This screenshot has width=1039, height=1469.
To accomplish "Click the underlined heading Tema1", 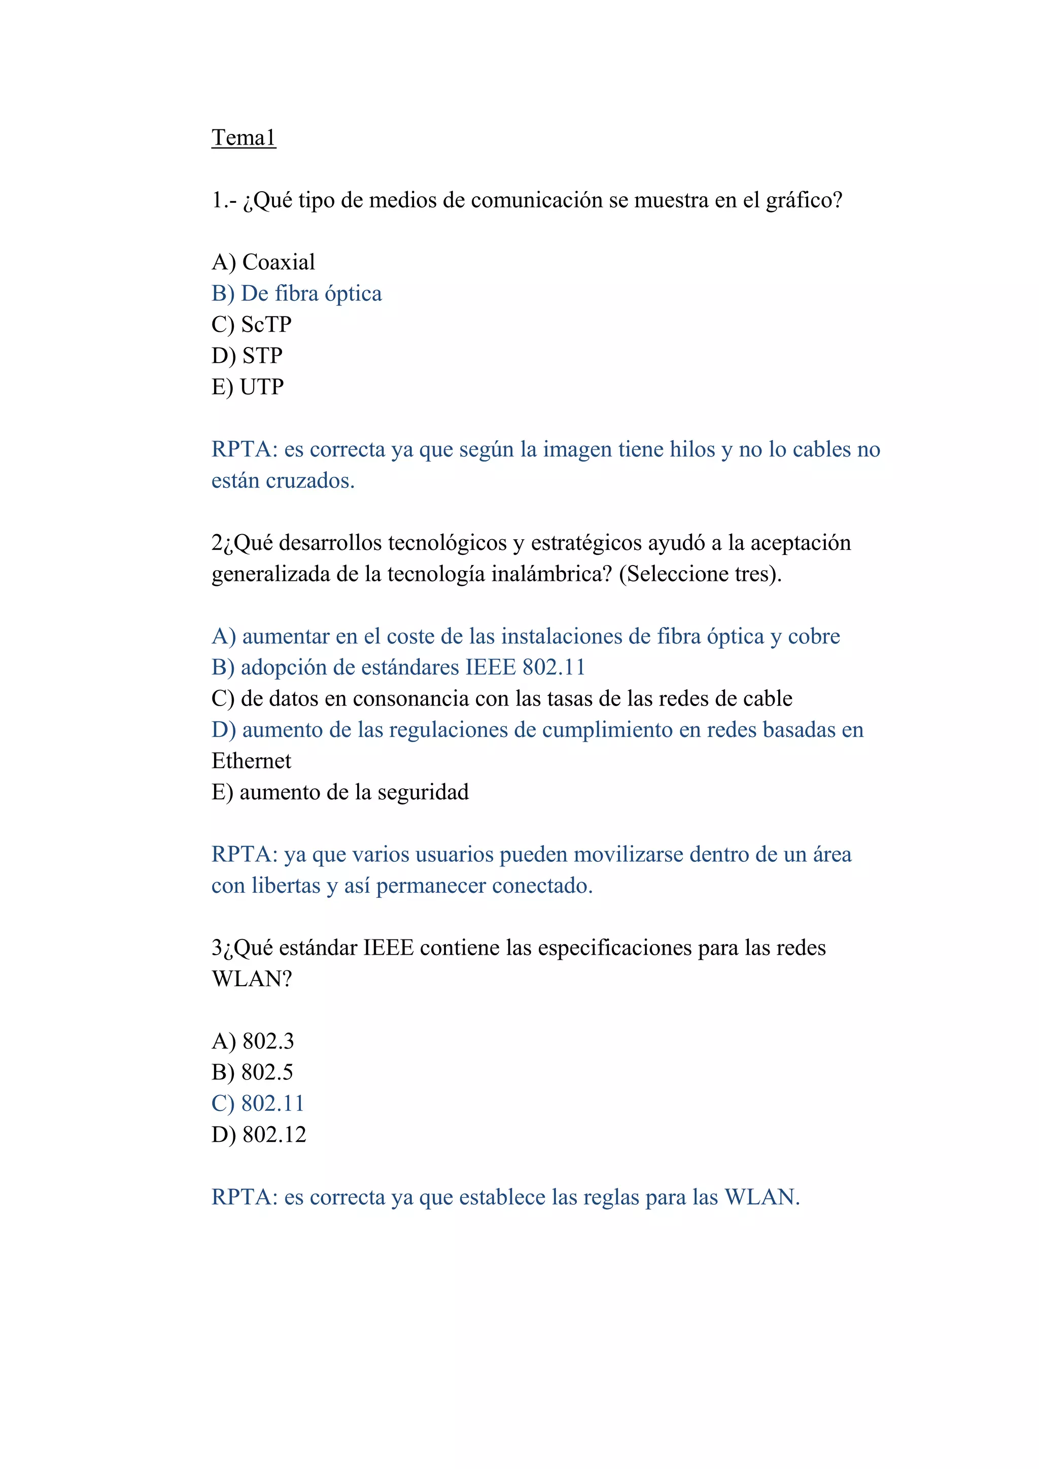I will [x=243, y=137].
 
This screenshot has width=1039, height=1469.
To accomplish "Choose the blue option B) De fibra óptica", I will [x=296, y=294].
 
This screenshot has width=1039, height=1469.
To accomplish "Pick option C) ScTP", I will [x=252, y=324].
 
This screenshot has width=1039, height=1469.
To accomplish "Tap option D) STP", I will [x=247, y=356].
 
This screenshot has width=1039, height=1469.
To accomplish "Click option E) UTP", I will [x=248, y=387].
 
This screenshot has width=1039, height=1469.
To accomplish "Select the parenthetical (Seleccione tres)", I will [x=700, y=574].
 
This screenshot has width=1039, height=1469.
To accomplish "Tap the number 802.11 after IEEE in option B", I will [x=554, y=668].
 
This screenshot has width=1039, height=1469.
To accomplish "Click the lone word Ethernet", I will [x=252, y=761].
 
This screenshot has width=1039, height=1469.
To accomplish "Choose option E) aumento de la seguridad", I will [x=340, y=792].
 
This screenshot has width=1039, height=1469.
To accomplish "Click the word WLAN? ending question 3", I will [x=252, y=979].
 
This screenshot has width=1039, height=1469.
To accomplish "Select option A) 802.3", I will [x=253, y=1041].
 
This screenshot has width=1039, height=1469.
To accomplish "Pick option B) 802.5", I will [x=252, y=1072].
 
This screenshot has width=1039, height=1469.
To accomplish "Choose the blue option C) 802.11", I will [x=258, y=1104].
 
